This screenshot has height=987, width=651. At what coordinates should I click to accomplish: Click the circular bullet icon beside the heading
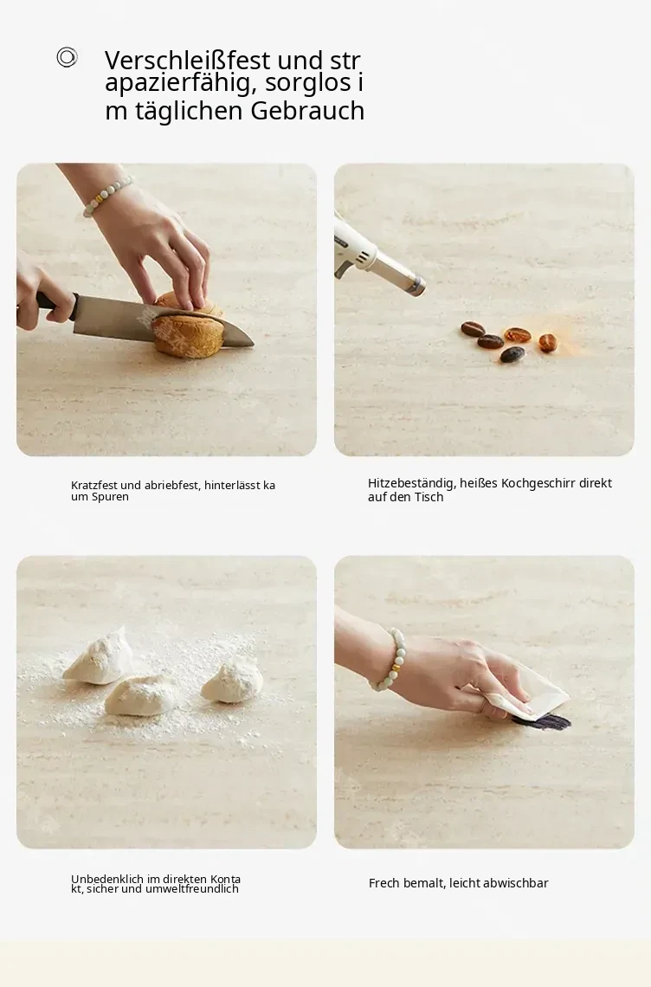click(x=67, y=57)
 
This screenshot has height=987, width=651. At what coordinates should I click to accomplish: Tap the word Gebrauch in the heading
click(x=307, y=111)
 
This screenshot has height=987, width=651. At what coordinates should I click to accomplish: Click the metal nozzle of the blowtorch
click(x=412, y=284)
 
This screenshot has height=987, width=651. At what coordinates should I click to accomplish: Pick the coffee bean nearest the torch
click(x=472, y=329)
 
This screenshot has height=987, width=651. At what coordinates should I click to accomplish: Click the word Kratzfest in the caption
click(x=93, y=486)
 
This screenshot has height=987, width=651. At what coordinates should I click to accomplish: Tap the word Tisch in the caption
click(x=429, y=497)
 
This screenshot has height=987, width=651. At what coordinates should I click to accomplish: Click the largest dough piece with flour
click(x=142, y=695)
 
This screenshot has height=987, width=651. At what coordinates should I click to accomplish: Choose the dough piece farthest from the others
click(x=232, y=681)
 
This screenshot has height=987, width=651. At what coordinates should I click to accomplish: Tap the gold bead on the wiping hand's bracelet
click(x=397, y=664)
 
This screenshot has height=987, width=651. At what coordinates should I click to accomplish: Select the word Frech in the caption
click(x=384, y=883)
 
